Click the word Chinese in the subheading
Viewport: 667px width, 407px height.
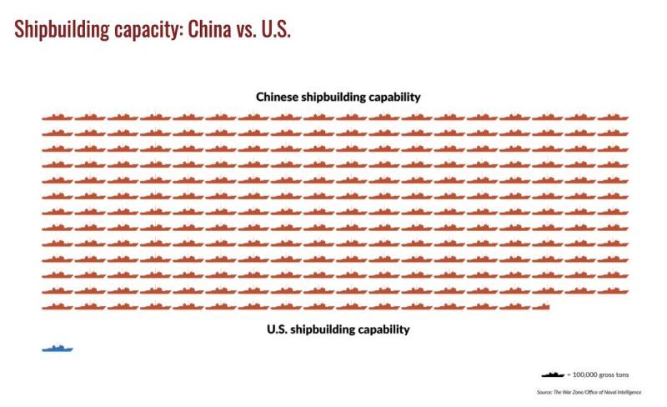coord(278,97)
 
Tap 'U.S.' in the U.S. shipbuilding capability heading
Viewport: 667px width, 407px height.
coord(278,329)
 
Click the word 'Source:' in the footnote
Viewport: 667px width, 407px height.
coord(546,392)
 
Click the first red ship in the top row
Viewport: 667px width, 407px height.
coord(58,118)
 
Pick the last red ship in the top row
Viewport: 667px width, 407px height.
coord(613,118)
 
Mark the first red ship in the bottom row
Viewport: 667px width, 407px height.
coord(58,307)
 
